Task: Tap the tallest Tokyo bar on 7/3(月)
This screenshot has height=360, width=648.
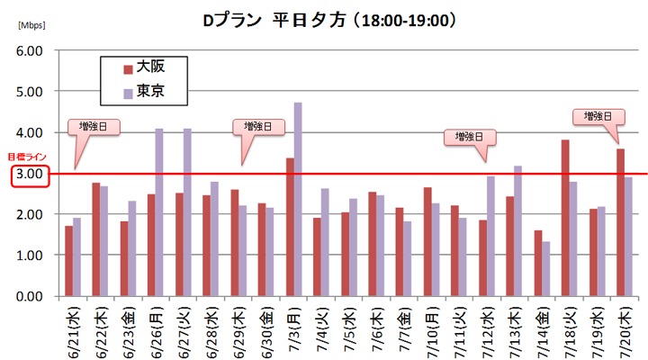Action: point(298,199)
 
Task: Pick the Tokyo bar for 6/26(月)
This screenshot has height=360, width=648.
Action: point(159,212)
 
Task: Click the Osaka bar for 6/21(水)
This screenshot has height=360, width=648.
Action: point(68,261)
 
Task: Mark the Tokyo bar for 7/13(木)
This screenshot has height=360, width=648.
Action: point(517,230)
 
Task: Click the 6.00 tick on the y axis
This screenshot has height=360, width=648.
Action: point(30,51)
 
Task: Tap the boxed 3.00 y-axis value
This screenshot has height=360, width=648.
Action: point(30,174)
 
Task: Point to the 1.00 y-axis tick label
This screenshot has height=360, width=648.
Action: point(30,256)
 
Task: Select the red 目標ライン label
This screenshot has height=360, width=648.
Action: point(23,157)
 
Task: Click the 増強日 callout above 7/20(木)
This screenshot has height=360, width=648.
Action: point(598,117)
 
